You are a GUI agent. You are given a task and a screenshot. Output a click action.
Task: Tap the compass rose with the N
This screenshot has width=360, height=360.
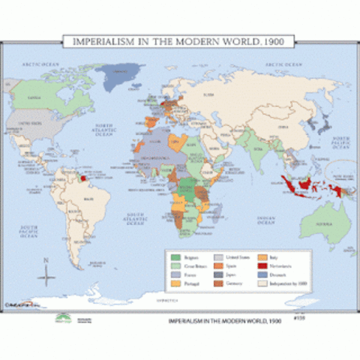tap(47, 276)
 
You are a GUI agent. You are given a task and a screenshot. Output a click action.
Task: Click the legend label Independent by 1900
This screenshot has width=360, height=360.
tap(281, 283)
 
